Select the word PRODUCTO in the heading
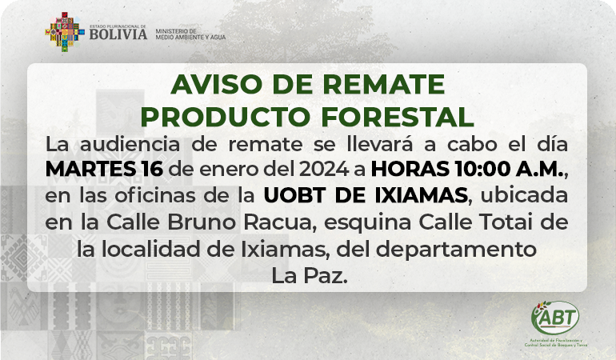226,117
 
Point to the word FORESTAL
397,117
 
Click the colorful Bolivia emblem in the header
65,32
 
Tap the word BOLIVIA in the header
118,34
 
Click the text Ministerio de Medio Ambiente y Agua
190,34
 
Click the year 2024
324,169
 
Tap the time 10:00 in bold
482,169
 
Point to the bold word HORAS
410,169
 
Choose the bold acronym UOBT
294,195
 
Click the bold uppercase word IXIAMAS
421,195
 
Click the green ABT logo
555,318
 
